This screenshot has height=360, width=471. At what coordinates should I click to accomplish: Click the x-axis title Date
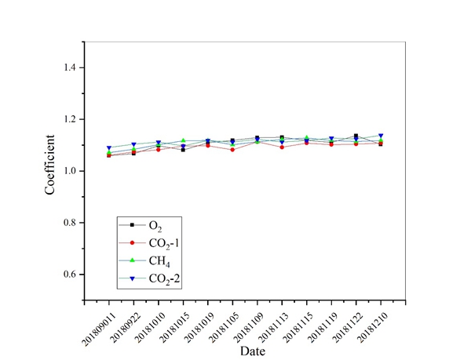pos(253,350)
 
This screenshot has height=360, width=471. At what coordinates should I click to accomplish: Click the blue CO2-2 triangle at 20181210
pos(382,136)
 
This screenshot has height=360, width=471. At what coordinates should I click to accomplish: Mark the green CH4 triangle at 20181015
pos(183,140)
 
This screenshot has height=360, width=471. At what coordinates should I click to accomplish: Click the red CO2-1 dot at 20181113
pos(282,147)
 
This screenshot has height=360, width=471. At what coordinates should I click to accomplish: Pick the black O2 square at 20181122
pos(356,136)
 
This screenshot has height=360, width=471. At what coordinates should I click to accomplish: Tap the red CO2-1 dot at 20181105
pos(232,149)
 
